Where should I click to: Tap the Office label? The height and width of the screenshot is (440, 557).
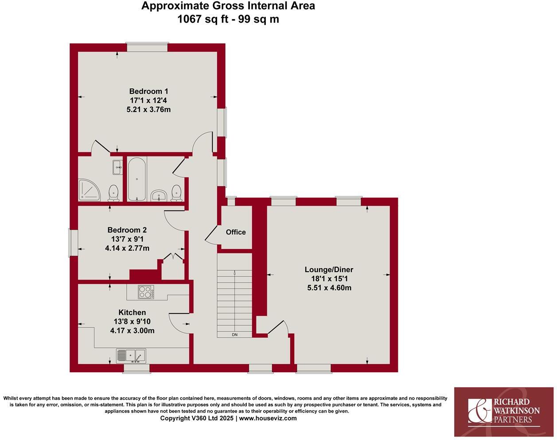pos(236,232)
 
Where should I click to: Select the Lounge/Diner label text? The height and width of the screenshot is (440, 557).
pos(329,269)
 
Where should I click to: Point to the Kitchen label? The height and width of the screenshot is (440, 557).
pos(132,312)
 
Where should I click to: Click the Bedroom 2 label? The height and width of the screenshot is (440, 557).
pos(127,230)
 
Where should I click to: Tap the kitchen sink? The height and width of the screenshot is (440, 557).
pos(131,355)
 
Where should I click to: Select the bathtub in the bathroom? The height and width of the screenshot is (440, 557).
pos(137,179)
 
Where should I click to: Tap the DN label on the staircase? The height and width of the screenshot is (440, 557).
pos(235,335)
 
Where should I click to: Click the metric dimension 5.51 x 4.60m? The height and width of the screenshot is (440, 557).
pos(329,288)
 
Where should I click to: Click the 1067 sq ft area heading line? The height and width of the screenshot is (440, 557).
pos(228,19)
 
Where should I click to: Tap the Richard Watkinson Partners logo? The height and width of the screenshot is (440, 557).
pos(504,411)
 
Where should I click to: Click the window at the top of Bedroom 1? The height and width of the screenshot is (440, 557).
pos(147,47)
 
